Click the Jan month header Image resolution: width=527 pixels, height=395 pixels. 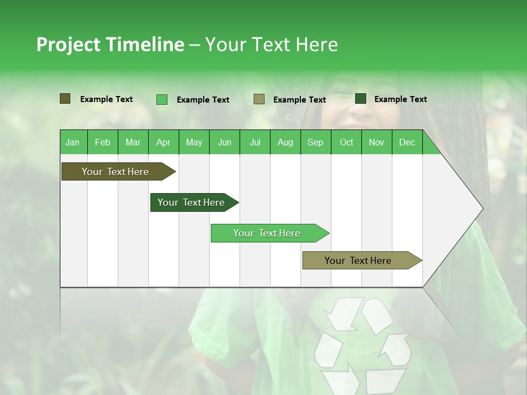(72, 142)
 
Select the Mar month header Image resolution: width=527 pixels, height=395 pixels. (133, 142)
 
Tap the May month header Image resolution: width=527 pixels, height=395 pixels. (194, 142)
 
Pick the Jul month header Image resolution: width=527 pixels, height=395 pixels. (255, 142)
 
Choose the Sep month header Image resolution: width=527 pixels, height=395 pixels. (315, 142)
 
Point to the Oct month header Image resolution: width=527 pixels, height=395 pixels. (346, 142)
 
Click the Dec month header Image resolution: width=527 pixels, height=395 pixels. (407, 142)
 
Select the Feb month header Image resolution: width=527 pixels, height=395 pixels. (103, 142)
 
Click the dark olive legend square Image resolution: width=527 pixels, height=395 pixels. (65, 99)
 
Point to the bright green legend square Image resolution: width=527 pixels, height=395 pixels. (161, 99)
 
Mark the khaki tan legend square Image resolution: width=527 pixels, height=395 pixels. (259, 99)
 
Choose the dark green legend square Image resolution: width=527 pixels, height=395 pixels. (361, 99)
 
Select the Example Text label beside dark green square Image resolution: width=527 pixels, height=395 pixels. (400, 99)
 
